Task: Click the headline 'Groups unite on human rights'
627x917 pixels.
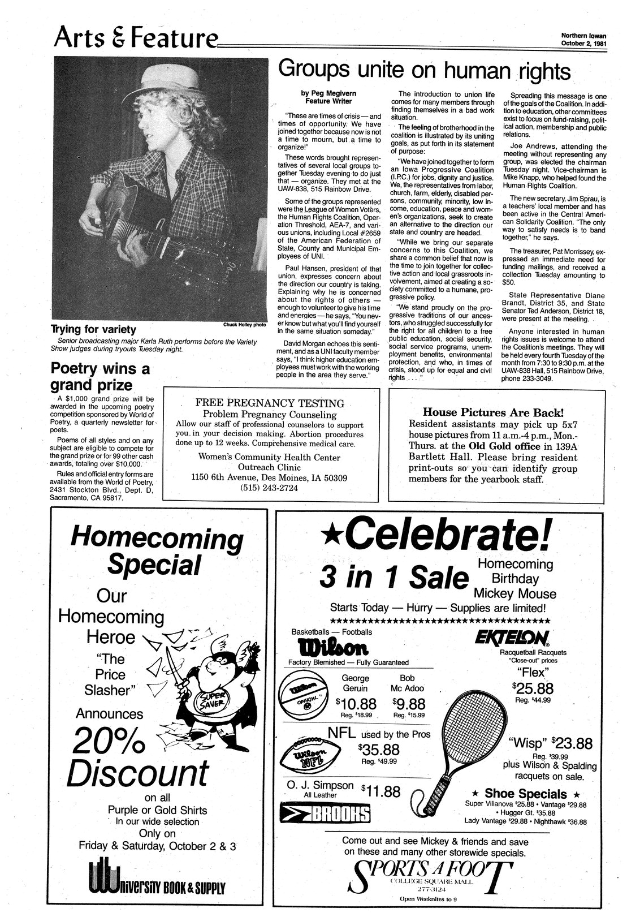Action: [424, 71]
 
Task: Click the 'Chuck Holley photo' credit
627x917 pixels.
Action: [244, 325]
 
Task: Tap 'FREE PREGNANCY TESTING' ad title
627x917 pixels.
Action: [270, 403]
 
